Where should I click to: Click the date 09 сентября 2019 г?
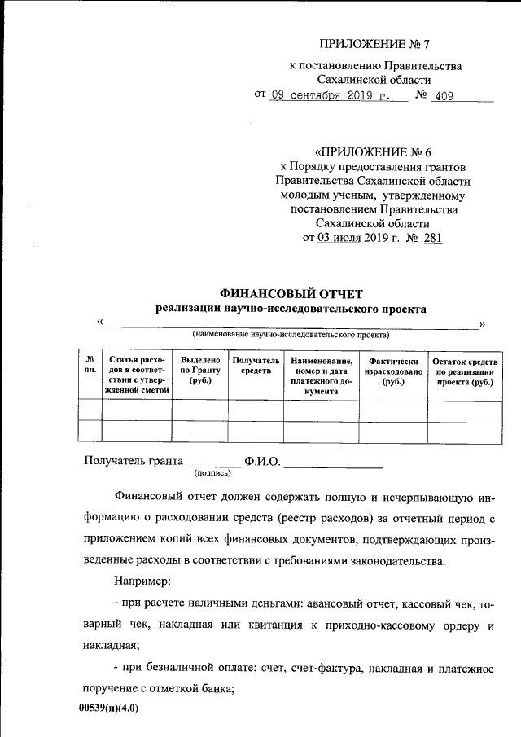point(331,95)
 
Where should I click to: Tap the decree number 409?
point(444,95)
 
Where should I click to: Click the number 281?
point(434,238)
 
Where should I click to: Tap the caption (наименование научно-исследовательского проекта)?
point(291,335)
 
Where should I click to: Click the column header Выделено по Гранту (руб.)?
point(200,371)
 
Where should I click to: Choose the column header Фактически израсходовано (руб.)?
point(393,371)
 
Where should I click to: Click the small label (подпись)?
point(212,472)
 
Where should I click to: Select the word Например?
point(142,582)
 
